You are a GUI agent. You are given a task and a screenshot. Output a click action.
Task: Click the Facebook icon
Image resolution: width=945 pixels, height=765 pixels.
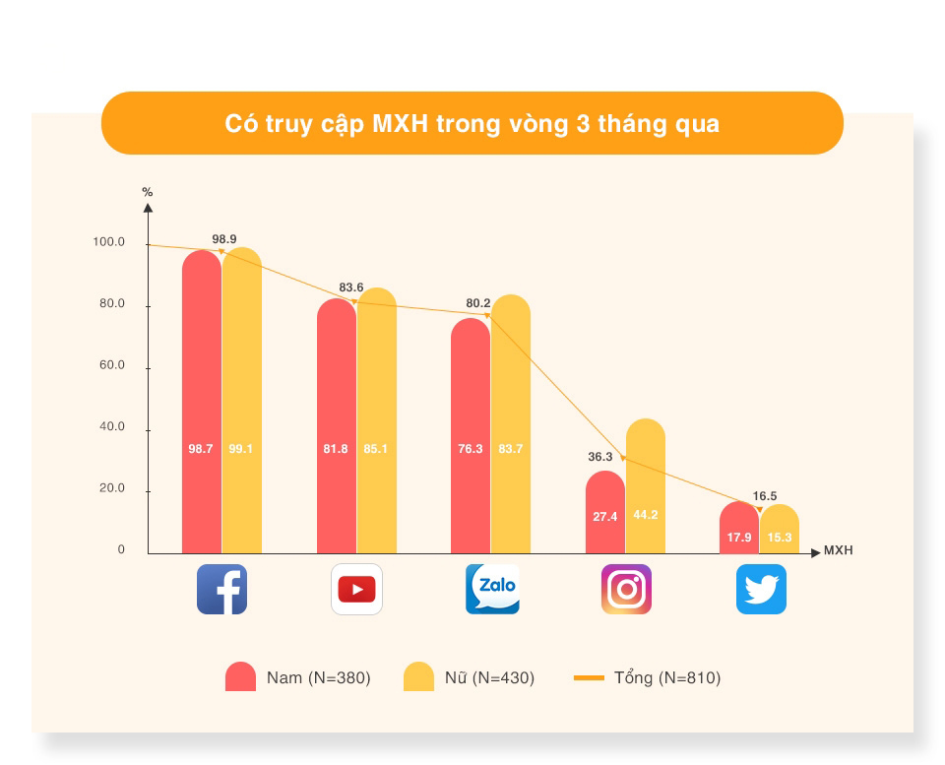(x=221, y=589)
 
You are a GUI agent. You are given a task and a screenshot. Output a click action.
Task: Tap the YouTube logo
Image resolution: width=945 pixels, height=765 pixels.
(x=356, y=589)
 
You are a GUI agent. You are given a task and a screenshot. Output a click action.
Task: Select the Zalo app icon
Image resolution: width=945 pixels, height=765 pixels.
(x=492, y=589)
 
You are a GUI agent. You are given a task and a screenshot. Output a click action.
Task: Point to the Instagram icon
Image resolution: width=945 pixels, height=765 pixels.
(x=626, y=589)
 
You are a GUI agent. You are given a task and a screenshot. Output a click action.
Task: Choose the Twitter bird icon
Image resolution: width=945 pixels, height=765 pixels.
(x=761, y=589)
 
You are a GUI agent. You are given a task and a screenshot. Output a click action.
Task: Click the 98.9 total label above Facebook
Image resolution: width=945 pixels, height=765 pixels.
(x=224, y=239)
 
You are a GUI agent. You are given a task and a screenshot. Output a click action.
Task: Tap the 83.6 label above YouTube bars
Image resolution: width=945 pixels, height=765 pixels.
(x=351, y=287)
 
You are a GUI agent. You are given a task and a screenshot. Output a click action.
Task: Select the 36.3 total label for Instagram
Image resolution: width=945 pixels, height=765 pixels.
(x=600, y=457)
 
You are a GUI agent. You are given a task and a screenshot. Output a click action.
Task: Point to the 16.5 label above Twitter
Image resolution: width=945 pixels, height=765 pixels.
(x=765, y=496)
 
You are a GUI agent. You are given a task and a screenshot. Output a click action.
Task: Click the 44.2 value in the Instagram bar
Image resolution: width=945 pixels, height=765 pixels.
(x=646, y=515)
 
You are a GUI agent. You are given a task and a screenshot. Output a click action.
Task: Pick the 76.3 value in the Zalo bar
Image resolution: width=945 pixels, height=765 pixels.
(x=471, y=449)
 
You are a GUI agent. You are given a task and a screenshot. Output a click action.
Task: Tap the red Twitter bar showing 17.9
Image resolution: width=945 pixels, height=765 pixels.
(x=739, y=527)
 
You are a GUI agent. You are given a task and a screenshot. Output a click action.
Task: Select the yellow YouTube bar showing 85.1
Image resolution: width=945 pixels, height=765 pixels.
(x=377, y=420)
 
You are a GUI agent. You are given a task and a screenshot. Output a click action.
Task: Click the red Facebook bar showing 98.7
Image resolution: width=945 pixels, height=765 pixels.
(x=202, y=402)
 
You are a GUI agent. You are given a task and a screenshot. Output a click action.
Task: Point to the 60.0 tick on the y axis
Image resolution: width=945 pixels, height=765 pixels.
(x=112, y=365)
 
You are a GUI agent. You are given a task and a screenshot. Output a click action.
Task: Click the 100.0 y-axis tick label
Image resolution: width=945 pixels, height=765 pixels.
(x=108, y=242)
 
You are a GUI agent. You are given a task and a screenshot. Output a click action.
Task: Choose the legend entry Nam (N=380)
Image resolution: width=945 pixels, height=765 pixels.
(x=297, y=677)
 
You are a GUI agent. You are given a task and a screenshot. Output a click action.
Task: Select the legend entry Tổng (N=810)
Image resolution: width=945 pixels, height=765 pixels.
(x=648, y=677)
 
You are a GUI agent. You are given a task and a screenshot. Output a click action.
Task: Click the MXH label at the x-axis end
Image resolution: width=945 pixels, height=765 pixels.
(x=839, y=550)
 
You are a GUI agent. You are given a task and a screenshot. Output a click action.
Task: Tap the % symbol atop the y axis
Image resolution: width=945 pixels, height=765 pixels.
(x=148, y=192)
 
